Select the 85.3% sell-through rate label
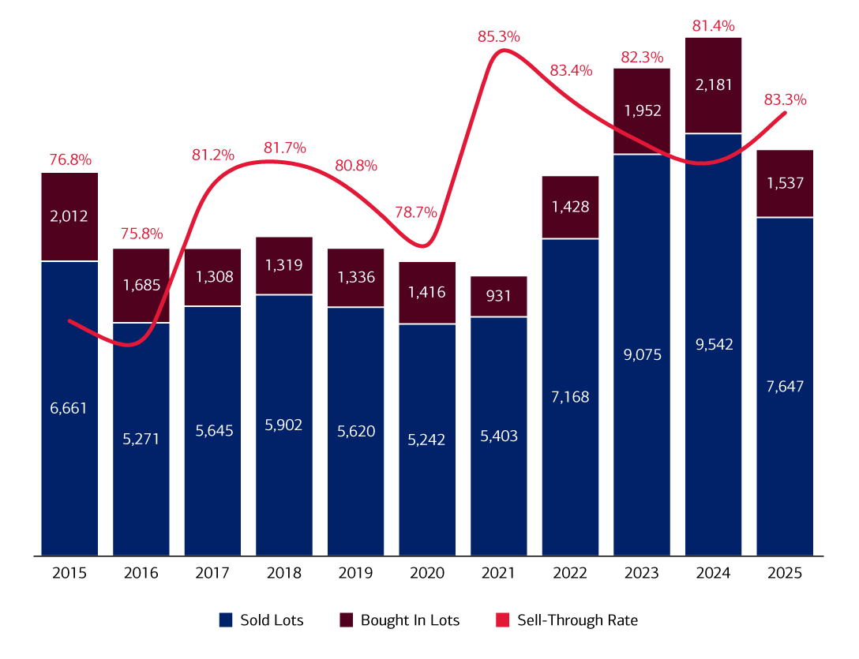click(x=498, y=36)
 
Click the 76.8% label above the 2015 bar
click(x=69, y=159)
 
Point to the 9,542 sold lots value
click(x=713, y=344)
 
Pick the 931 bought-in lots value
click(x=498, y=297)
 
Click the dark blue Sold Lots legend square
click(x=226, y=620)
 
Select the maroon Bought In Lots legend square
click(x=346, y=620)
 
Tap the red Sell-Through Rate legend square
click(x=503, y=620)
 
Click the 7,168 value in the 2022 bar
click(x=570, y=396)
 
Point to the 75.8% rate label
click(x=141, y=234)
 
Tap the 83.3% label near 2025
click(x=785, y=100)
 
